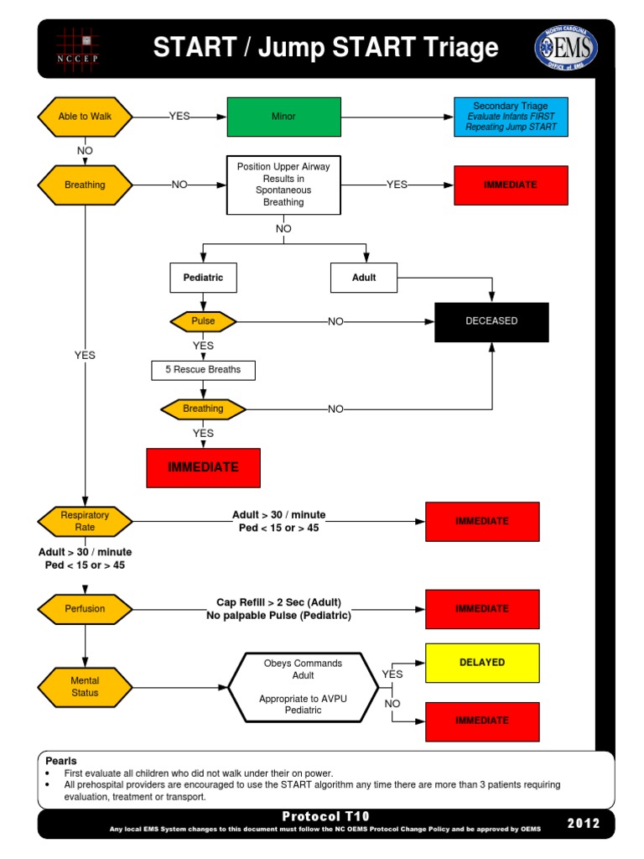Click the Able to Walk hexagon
(85, 117)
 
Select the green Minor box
(283, 117)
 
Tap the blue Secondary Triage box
(510, 117)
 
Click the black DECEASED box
(491, 321)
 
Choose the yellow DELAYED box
(482, 663)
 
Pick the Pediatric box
(203, 278)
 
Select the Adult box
(364, 278)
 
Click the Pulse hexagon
(203, 321)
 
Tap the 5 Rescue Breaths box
(203, 370)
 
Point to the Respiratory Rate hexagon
(85, 521)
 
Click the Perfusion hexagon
(85, 609)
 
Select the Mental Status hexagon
(85, 687)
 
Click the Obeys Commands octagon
(303, 686)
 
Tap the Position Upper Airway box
(283, 185)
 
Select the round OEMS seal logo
(566, 48)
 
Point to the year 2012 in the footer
(584, 823)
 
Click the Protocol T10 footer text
(325, 816)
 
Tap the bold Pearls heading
(61, 760)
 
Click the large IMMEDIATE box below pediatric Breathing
(203, 467)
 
